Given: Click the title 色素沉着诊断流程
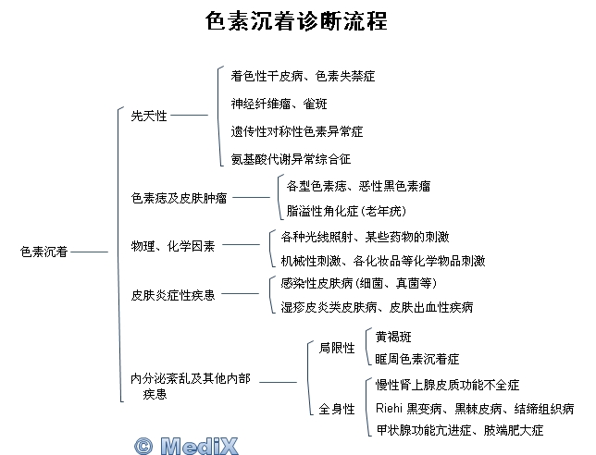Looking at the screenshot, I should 296,20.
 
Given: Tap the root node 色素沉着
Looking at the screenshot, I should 43,251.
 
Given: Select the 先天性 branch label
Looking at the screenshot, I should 149,116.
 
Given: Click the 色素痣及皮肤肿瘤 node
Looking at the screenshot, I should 180,197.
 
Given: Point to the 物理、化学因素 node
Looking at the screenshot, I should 173,245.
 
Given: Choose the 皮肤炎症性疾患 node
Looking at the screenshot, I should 173,294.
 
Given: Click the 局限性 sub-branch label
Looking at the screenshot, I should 337,348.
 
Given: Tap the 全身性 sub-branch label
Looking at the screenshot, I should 337,409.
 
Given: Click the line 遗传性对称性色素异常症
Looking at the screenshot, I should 297,130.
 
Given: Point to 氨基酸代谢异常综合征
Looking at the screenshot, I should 291,159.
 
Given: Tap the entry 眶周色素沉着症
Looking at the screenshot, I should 416,359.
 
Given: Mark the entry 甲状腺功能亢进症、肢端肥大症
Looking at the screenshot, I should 459,431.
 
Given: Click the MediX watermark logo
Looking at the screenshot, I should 186,445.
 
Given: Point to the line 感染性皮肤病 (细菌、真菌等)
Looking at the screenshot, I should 359,282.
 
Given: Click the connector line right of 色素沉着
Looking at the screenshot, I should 91,251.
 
